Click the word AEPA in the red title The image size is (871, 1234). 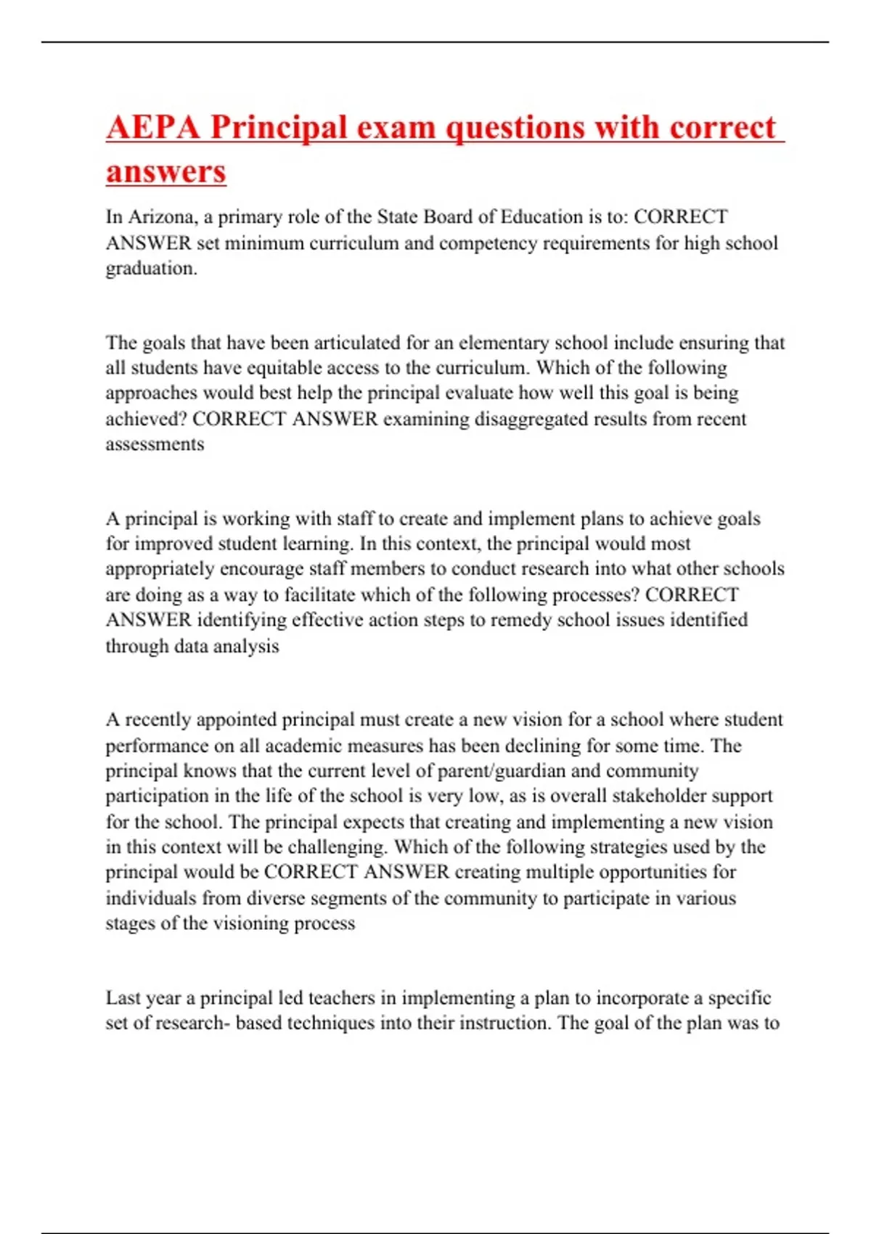click(153, 128)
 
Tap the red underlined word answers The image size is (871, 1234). click(166, 172)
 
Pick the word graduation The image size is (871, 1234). click(151, 269)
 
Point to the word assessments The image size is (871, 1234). click(155, 444)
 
